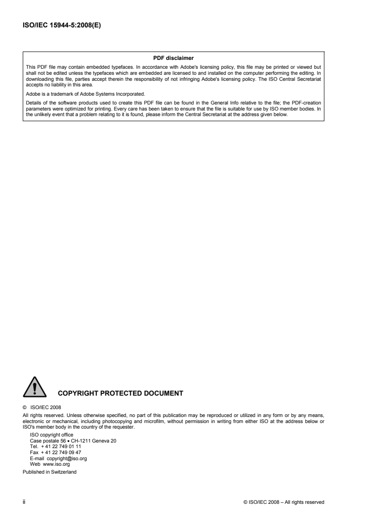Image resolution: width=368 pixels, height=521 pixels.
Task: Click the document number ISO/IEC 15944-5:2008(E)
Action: point(62,26)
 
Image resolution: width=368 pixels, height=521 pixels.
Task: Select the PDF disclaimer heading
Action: point(173,58)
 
